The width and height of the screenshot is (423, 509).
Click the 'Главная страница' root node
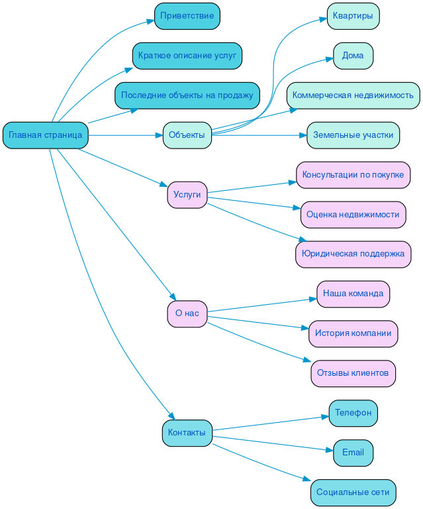[46, 135]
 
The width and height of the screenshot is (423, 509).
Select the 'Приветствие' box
[187, 16]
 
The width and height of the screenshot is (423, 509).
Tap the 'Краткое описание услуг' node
[187, 56]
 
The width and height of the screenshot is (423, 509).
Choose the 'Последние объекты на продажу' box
[187, 95]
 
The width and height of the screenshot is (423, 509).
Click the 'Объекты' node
[187, 135]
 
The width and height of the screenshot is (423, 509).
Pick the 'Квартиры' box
[353, 16]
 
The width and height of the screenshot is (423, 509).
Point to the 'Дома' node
[353, 56]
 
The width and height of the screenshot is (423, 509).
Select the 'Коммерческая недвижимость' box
[353, 95]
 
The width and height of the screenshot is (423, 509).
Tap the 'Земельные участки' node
[353, 135]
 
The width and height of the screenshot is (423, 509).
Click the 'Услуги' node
[187, 195]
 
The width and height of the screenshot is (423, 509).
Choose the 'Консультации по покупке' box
[353, 175]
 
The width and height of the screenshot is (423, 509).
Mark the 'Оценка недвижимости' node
[353, 215]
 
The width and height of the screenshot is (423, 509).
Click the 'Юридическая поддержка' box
[353, 254]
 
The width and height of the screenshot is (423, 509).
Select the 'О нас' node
[187, 313]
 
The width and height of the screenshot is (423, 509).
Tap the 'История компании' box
[353, 333]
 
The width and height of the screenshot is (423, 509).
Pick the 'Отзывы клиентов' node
[353, 373]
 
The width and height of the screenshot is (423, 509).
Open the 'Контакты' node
[187, 433]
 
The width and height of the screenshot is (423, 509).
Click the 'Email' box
[353, 453]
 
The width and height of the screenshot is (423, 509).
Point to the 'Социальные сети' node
[353, 492]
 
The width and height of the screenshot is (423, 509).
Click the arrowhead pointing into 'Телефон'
[325, 416]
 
